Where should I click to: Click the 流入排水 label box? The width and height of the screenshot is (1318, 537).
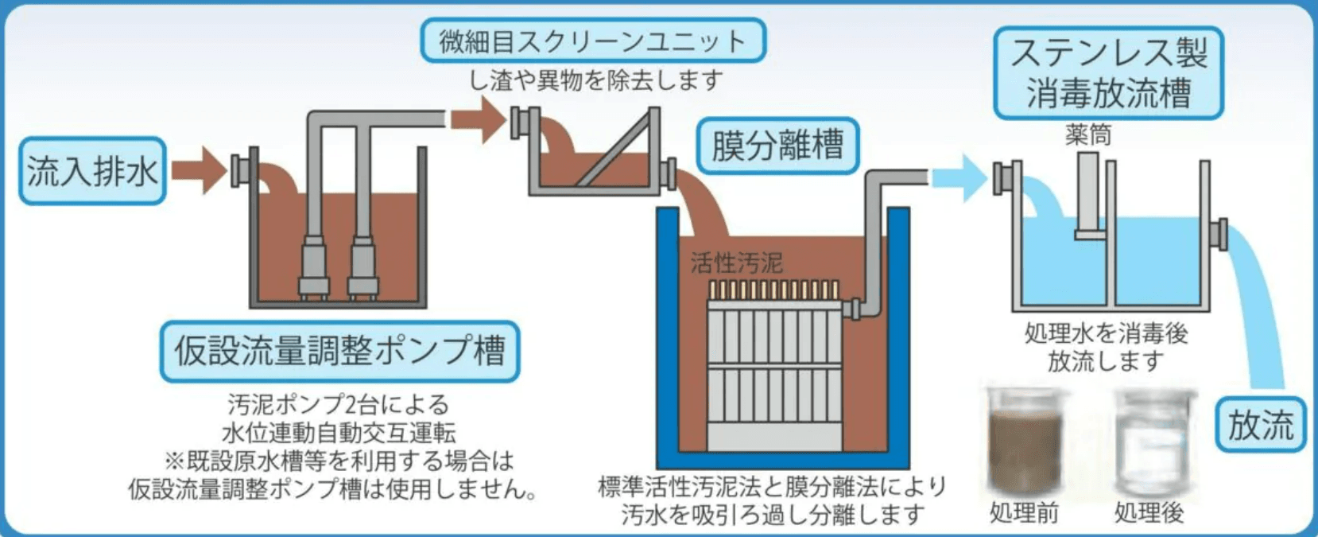[92, 171]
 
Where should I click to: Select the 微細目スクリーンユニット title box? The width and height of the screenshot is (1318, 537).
[592, 41]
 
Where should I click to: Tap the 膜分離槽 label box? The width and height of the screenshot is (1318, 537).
[777, 146]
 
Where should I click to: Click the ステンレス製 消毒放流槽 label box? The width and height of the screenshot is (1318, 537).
[1108, 73]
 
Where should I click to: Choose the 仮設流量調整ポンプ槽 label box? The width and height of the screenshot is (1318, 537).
[339, 351]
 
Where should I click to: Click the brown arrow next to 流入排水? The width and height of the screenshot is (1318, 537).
[199, 169]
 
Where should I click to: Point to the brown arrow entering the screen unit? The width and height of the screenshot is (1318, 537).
[478, 120]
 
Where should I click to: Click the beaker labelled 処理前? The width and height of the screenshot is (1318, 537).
[1025, 442]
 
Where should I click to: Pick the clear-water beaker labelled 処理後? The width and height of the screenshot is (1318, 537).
[1150, 442]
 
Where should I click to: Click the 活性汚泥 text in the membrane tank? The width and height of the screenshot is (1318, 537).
[736, 263]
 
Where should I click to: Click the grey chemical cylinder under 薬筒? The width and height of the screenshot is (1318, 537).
[1088, 195]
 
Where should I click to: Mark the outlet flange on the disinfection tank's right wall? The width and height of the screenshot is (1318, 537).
[1219, 234]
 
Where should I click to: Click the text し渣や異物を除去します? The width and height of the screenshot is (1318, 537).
[595, 80]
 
